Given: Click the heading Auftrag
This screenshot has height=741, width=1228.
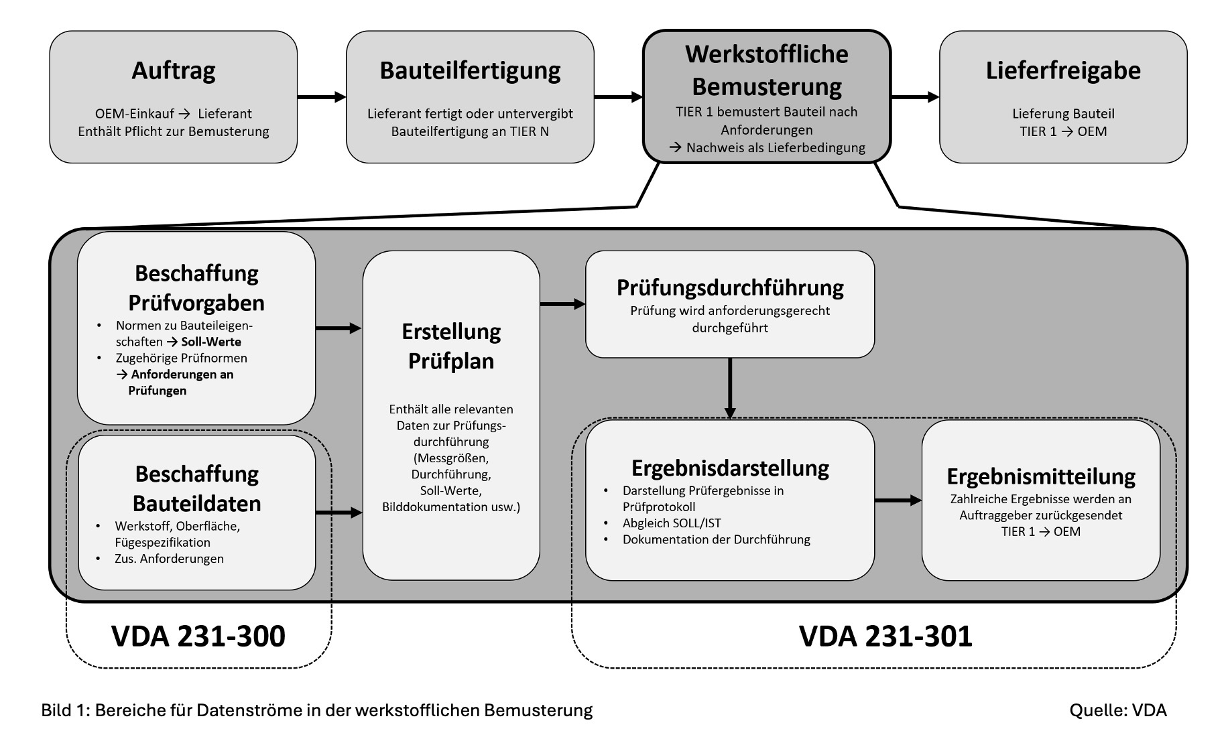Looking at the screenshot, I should (x=173, y=70).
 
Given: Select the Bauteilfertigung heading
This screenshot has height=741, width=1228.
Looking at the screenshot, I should (x=470, y=70).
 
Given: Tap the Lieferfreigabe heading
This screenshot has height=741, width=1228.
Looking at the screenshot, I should (x=1063, y=70).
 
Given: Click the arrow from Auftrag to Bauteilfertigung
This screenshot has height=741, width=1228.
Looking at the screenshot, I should (x=322, y=97).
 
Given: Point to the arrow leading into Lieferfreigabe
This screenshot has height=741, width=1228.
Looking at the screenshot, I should (x=915, y=97).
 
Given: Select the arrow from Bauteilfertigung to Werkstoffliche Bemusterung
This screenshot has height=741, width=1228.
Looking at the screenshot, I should (x=618, y=97).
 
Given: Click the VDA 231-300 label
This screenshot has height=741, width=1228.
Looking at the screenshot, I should (x=198, y=636).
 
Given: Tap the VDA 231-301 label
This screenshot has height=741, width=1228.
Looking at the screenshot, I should (x=885, y=636).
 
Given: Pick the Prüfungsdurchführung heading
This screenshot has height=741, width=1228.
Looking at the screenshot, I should (x=730, y=287).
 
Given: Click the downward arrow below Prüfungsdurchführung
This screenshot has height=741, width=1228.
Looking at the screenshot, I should (x=730, y=389).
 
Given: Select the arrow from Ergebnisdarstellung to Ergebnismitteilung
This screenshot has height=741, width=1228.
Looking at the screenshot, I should (x=898, y=500).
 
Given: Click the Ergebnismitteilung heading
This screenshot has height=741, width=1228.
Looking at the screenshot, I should (x=1041, y=476).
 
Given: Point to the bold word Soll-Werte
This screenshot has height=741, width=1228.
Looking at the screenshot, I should (x=211, y=342).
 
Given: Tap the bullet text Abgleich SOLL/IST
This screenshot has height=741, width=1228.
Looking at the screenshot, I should (x=672, y=523).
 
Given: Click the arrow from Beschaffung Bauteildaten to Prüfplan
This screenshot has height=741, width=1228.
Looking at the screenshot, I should (x=339, y=513).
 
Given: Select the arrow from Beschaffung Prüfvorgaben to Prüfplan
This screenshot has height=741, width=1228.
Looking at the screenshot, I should (x=339, y=328).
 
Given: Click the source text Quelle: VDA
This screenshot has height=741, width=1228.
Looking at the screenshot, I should (x=1117, y=710).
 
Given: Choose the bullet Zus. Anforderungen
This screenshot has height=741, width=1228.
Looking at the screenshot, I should (x=169, y=559).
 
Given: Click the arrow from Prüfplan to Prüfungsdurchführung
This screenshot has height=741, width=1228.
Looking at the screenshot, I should (x=562, y=304).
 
